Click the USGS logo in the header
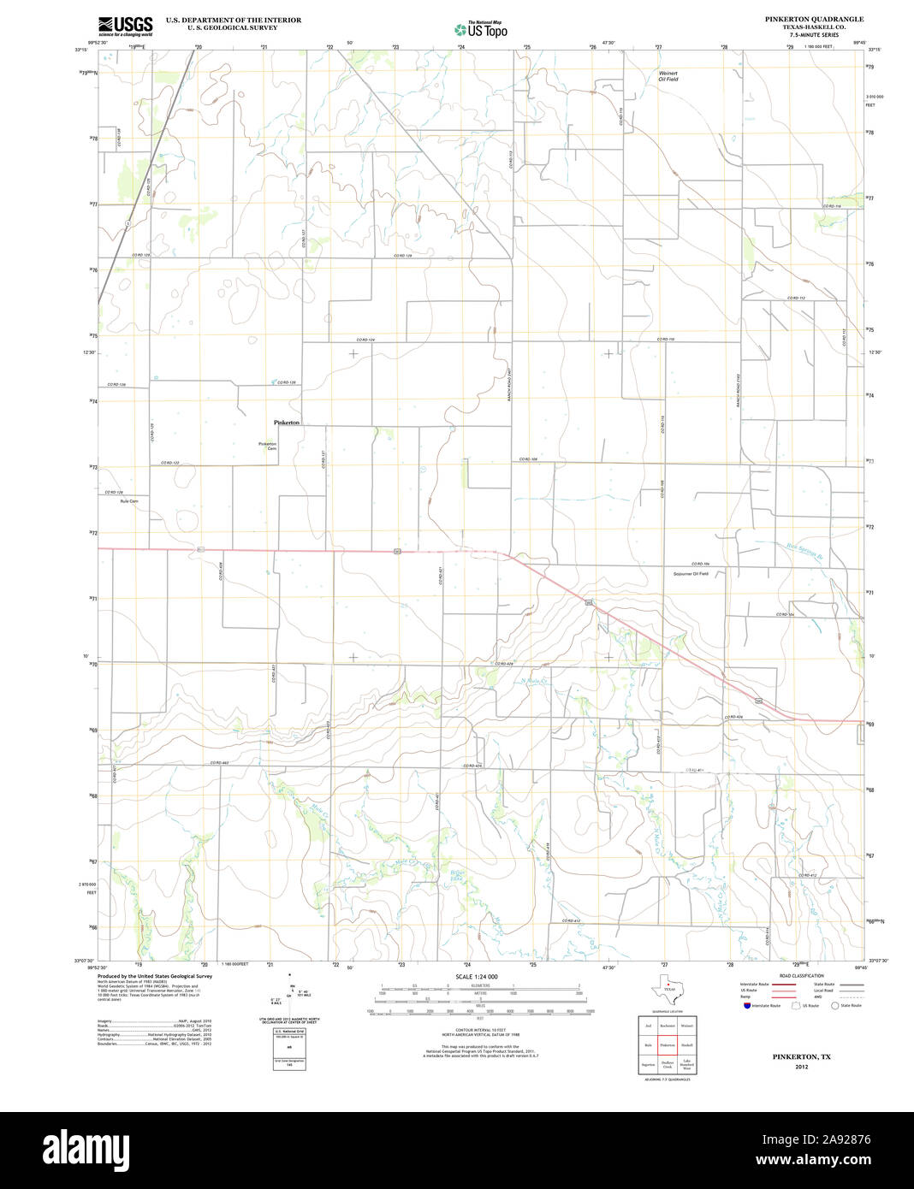125,26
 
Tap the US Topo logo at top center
480,28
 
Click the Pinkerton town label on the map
287,423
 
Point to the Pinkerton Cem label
268,446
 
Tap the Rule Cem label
129,501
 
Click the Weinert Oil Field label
668,76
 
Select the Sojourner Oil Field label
691,573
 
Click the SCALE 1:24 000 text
477,976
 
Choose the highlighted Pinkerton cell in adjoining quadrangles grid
668,1045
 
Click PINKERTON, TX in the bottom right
801,1057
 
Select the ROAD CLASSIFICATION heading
801,976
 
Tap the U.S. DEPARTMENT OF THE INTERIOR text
234,20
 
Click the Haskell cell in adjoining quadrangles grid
687,1045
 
